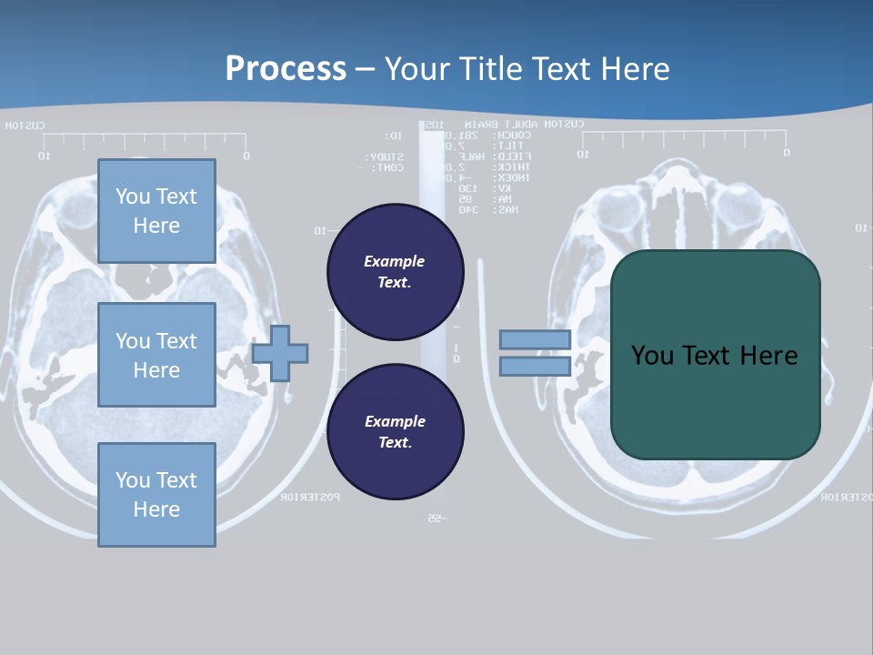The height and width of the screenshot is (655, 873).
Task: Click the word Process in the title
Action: pos(286,68)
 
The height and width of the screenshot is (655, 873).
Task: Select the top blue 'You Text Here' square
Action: pos(156,211)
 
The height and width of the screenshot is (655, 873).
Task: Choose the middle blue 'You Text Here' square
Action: pos(156,355)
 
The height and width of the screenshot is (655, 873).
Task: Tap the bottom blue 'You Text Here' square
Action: pos(156,494)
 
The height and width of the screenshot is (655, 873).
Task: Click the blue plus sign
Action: pos(280,353)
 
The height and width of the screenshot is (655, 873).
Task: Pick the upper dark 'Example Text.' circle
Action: pos(395,271)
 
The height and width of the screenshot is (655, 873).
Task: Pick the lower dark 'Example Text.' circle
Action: pos(395,431)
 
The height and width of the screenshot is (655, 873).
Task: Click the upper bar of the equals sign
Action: pos(536,339)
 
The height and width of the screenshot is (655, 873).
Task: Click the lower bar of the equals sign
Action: pos(536,366)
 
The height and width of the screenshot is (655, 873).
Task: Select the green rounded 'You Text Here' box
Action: pos(715,355)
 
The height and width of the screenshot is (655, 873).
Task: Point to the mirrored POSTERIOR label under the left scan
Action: pos(310,497)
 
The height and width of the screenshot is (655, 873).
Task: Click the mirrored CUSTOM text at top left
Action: pos(25,126)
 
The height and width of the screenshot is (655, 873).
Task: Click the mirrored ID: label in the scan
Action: pos(393,136)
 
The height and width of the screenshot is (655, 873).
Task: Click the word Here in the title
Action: pos(635,68)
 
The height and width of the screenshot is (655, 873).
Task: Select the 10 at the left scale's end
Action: pos(43,156)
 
